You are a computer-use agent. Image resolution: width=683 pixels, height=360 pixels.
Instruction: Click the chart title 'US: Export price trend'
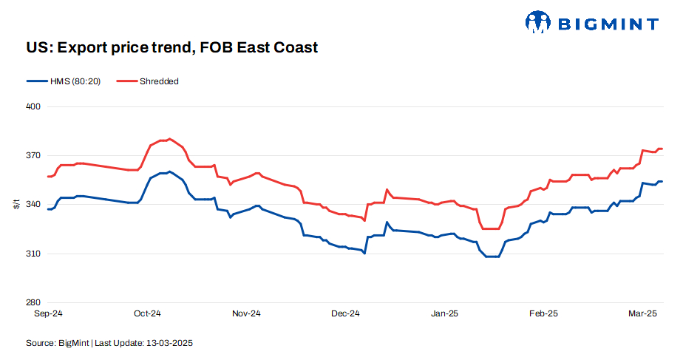pyautogui.click(x=162, y=48)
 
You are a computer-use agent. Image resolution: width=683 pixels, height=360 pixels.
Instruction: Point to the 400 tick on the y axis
pyautogui.click(x=33, y=107)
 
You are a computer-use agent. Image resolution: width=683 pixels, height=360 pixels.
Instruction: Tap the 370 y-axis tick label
pyautogui.click(x=33, y=156)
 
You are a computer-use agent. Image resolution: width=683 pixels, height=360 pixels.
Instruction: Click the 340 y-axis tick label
pyautogui.click(x=33, y=205)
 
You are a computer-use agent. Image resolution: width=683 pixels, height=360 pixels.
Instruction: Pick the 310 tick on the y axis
pyautogui.click(x=33, y=254)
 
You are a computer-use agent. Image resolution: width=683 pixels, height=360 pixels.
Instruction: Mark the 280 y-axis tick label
pyautogui.click(x=33, y=302)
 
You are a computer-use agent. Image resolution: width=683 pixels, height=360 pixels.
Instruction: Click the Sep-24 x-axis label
pyautogui.click(x=49, y=313)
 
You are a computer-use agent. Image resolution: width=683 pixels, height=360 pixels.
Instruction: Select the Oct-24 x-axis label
pyautogui.click(x=147, y=313)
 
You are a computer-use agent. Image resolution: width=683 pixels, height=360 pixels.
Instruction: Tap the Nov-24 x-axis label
pyautogui.click(x=246, y=313)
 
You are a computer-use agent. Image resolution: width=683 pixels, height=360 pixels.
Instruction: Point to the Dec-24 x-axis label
pyautogui.click(x=345, y=313)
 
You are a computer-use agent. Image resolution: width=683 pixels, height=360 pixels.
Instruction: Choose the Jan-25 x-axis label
pyautogui.click(x=444, y=313)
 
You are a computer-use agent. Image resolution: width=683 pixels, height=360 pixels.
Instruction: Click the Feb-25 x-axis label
pyautogui.click(x=543, y=313)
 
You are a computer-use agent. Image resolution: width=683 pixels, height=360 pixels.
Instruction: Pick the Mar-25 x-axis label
pyautogui.click(x=642, y=313)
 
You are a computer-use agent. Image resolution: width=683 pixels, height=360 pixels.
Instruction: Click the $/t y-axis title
pyautogui.click(x=16, y=205)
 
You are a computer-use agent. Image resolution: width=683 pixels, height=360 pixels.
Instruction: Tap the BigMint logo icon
pyautogui.click(x=538, y=22)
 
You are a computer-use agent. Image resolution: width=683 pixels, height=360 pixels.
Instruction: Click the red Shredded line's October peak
pyautogui.click(x=169, y=139)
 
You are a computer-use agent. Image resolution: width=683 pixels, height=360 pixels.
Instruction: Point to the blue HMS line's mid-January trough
pyautogui.click(x=492, y=257)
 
